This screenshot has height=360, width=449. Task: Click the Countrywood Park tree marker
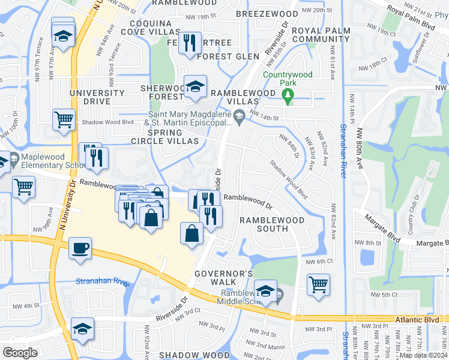[288, 94]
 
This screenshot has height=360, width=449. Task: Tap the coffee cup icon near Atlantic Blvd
[80, 248]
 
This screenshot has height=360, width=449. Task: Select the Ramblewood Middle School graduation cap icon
[265, 292]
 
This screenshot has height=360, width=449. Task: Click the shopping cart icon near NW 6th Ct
[318, 284]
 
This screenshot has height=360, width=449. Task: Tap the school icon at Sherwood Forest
[195, 87]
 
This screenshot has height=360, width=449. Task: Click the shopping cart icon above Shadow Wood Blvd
[63, 118]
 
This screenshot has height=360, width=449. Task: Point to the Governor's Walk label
[222, 278]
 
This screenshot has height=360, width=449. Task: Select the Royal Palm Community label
[312, 35]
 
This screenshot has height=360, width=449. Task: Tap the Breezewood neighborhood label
[266, 13]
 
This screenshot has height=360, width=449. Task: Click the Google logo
[20, 353]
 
